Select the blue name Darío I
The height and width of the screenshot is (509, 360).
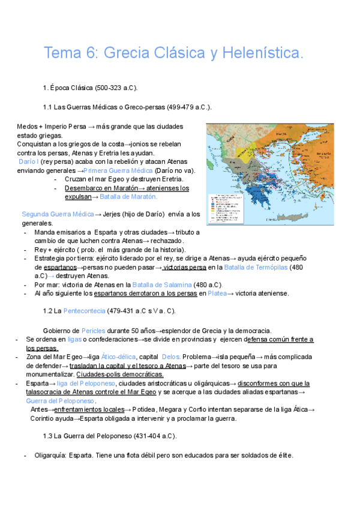point(29,162)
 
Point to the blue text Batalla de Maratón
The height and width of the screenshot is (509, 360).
point(128,196)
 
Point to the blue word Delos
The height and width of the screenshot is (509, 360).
point(172,357)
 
